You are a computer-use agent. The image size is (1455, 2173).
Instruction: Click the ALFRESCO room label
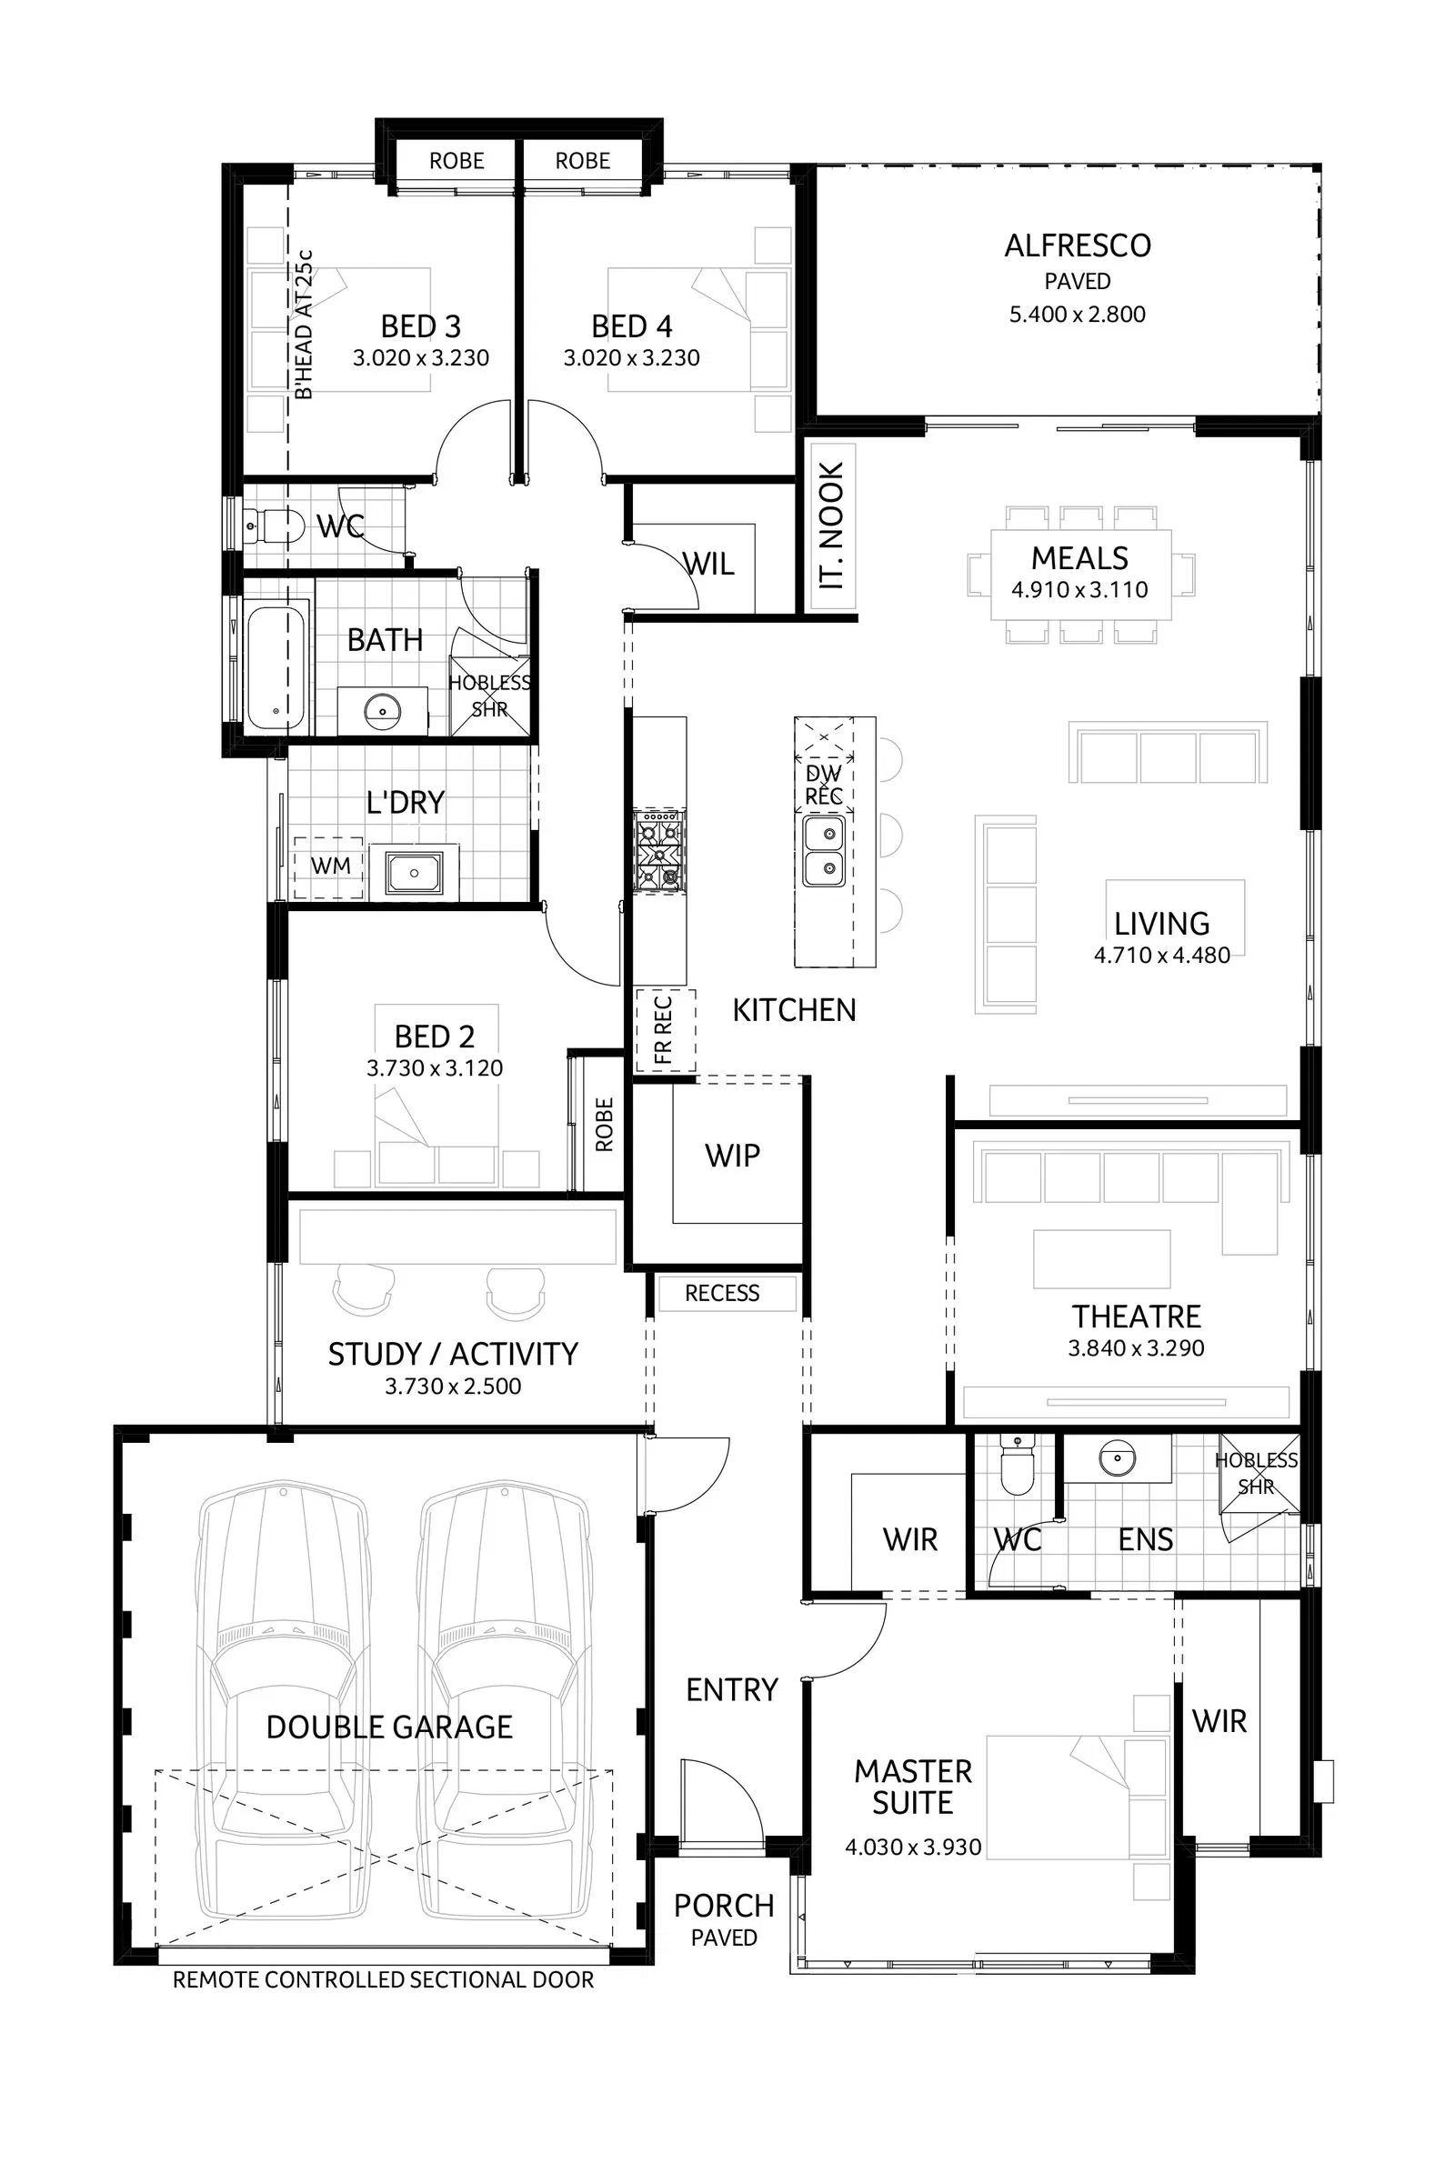[1078, 245]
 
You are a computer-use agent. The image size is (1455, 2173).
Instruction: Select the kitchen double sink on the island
[824, 851]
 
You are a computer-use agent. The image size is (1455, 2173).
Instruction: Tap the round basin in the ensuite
[1117, 1458]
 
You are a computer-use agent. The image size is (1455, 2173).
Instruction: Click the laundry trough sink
[414, 872]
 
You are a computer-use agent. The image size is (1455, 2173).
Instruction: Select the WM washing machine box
[329, 866]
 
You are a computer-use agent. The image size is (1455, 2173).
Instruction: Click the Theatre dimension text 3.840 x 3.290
[1136, 1348]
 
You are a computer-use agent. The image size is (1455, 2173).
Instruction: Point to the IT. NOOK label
[831, 526]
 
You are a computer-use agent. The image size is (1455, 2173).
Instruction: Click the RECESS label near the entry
[722, 1294]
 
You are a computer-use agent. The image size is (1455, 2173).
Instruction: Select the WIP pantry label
[732, 1157]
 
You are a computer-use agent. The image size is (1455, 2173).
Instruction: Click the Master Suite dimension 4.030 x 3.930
[913, 1847]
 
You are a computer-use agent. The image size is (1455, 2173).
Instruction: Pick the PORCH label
[724, 1906]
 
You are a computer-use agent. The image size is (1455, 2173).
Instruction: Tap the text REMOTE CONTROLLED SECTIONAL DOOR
[383, 1980]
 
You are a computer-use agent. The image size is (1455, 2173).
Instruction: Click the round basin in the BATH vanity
[381, 712]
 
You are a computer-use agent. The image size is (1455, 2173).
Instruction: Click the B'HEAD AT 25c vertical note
[304, 325]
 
